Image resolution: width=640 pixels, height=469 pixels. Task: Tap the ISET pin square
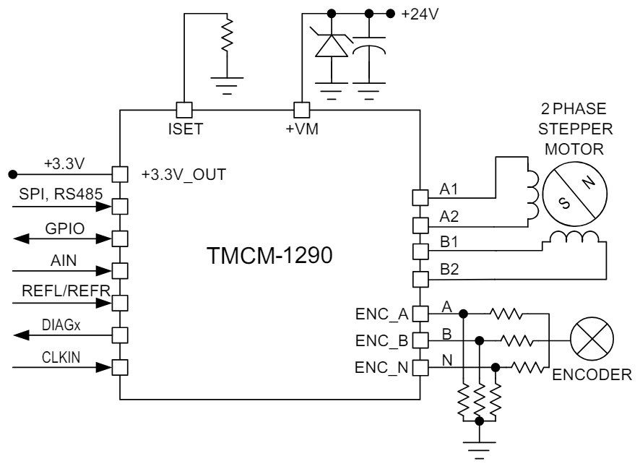pyautogui.click(x=184, y=110)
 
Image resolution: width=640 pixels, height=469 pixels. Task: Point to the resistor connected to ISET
pyautogui.click(x=229, y=35)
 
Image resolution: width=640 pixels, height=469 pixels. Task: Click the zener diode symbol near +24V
pyautogui.click(x=332, y=45)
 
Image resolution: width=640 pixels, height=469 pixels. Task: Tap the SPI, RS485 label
pyautogui.click(x=61, y=194)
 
